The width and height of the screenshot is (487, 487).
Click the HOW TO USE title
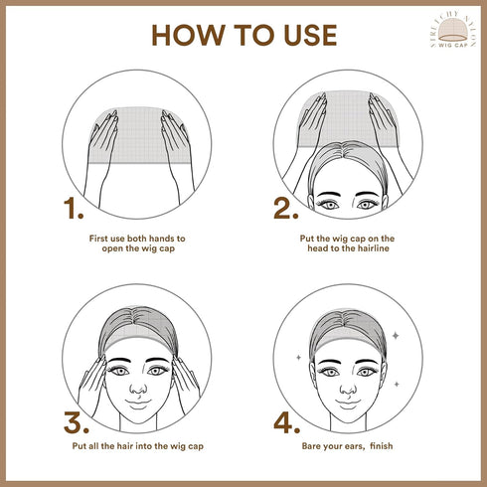pyautogui.click(x=243, y=35)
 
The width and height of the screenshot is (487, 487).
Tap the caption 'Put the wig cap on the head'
pyautogui.click(x=348, y=244)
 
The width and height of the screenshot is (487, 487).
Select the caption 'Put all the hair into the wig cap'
pyautogui.click(x=139, y=447)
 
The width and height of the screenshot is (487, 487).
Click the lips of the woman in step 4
pyautogui.click(x=348, y=401)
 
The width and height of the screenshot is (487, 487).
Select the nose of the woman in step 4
pyautogui.click(x=348, y=382)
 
